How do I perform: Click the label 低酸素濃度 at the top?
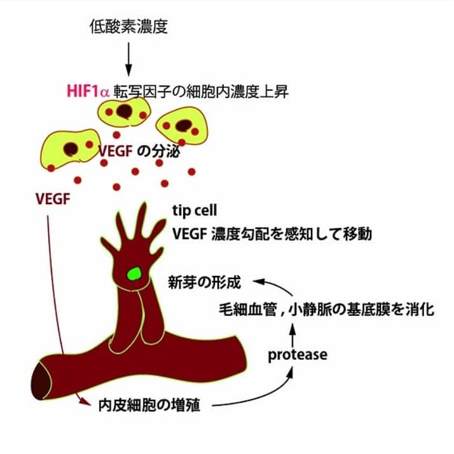[128, 27]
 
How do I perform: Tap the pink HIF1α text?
[88, 91]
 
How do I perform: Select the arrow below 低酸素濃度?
[128, 59]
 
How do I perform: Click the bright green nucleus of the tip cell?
[134, 273]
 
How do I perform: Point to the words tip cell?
[195, 210]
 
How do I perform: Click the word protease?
[298, 355]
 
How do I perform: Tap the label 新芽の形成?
[204, 282]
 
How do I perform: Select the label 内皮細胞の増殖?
[149, 405]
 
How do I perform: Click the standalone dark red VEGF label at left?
[53, 199]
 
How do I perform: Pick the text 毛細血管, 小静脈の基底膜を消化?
[327, 309]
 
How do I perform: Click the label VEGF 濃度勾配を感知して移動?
[272, 233]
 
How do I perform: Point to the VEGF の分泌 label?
[139, 151]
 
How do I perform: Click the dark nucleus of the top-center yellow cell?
[125, 111]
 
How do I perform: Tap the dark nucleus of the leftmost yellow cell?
[71, 149]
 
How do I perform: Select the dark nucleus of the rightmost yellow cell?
[184, 126]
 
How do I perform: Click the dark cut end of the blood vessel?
[41, 381]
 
